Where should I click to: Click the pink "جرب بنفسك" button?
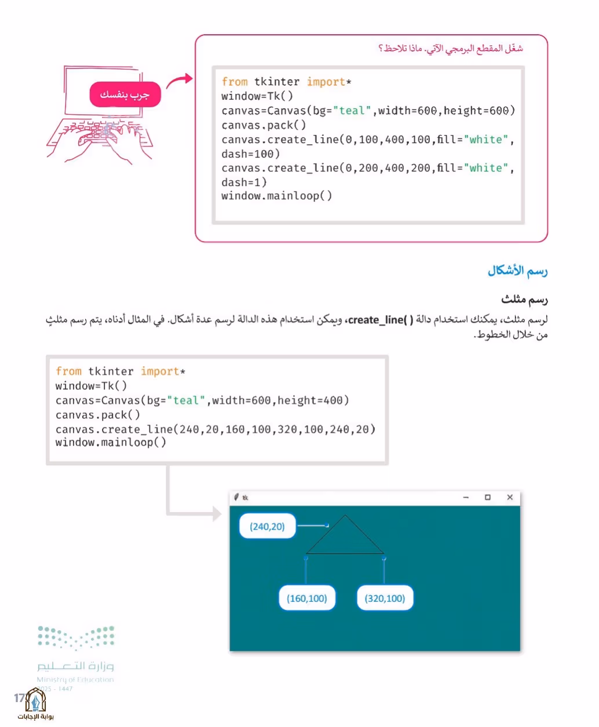coord(125,94)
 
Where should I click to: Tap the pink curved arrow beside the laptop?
coord(178,81)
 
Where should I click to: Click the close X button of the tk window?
coord(510,497)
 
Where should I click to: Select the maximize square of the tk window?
coord(488,497)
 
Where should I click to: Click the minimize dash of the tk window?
coord(466,498)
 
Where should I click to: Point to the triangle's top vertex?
coord(345,516)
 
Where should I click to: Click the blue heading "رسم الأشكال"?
coord(517,271)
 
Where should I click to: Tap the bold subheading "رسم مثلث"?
coord(524,299)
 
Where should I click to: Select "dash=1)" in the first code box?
coord(244,182)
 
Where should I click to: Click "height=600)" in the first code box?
coord(479,111)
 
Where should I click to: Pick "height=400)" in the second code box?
coord(313,400)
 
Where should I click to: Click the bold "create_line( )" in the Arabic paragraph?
coord(381,320)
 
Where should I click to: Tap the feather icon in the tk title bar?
coord(236,497)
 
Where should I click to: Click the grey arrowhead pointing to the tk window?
coord(217,514)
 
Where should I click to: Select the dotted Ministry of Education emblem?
coord(76,638)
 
